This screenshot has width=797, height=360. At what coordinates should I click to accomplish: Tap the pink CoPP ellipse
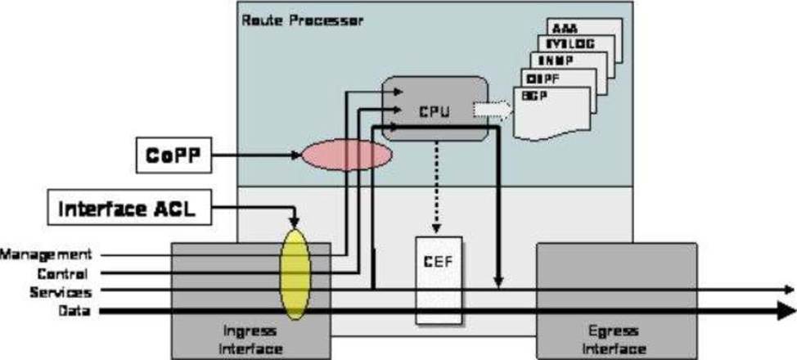point(347,155)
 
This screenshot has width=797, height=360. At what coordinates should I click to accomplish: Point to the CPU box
point(435,108)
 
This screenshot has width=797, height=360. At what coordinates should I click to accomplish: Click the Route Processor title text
point(302,19)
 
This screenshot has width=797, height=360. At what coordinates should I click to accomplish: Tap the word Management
point(46,255)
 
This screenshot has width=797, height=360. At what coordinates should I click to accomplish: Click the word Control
point(62,273)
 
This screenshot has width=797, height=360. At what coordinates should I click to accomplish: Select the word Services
point(60,292)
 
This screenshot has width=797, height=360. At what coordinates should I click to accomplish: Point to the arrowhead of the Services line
point(789,290)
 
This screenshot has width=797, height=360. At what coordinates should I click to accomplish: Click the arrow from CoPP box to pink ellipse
point(258,154)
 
